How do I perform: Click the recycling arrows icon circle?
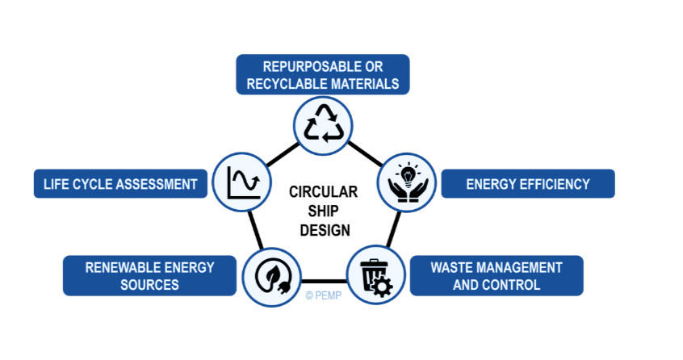point(324,124)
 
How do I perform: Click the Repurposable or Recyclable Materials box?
point(323,75)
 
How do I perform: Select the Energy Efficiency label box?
point(527,184)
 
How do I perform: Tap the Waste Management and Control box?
point(496,276)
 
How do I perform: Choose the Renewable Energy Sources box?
point(149,276)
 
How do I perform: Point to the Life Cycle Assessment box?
point(116,184)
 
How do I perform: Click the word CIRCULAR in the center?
point(325,192)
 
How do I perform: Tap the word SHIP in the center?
point(325,211)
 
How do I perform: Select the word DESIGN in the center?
point(325,230)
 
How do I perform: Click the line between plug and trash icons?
point(324,280)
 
